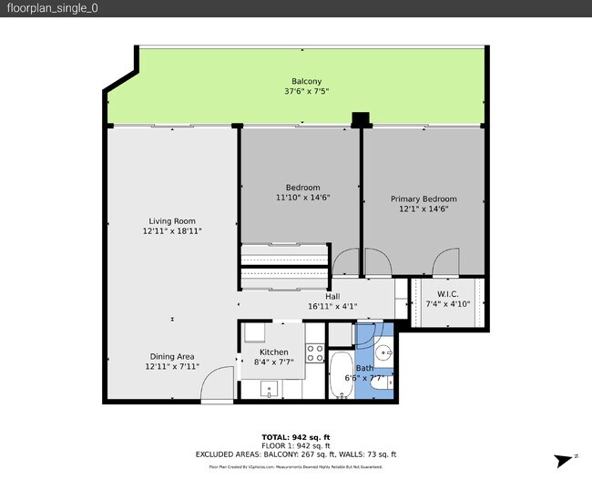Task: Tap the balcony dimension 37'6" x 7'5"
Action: [306, 91]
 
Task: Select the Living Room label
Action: [172, 220]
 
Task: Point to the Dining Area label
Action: [172, 356]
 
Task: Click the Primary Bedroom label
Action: [424, 199]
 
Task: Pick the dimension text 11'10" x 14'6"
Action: [298, 198]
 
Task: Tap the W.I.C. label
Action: [447, 294]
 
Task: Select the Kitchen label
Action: [273, 352]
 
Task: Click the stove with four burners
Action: [315, 352]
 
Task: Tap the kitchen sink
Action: [270, 390]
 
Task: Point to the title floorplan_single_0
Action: [52, 8]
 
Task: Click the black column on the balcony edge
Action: [362, 119]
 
